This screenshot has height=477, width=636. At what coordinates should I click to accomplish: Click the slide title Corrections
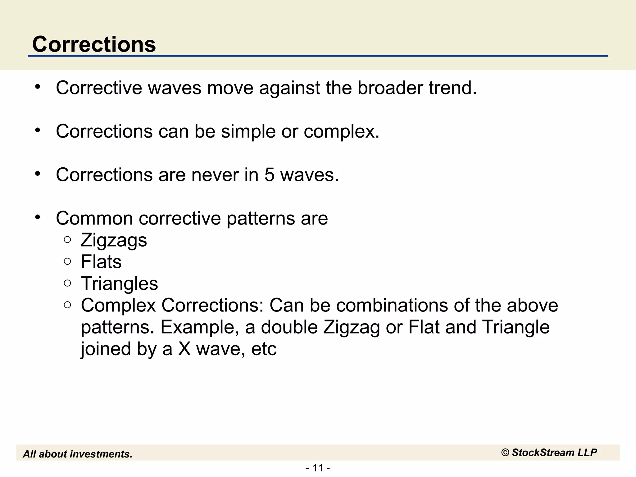click(94, 44)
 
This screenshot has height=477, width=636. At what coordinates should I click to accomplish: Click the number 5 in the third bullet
click(269, 175)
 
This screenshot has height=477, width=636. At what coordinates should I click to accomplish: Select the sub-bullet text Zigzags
click(114, 240)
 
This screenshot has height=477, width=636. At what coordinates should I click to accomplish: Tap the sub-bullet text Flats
click(101, 262)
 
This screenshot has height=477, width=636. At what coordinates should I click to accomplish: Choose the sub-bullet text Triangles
click(119, 284)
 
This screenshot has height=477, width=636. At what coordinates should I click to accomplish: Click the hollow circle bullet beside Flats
click(67, 261)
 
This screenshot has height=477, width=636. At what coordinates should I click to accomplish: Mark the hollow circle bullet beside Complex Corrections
click(67, 305)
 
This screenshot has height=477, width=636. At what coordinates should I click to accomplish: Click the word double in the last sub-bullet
click(289, 327)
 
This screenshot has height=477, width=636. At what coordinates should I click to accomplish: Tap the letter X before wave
click(184, 349)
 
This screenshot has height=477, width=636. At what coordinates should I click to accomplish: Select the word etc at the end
click(264, 349)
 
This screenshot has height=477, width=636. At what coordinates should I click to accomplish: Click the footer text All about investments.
click(78, 454)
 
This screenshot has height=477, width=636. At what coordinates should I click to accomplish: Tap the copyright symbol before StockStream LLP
click(505, 453)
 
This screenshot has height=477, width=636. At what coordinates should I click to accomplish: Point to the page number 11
click(318, 468)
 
